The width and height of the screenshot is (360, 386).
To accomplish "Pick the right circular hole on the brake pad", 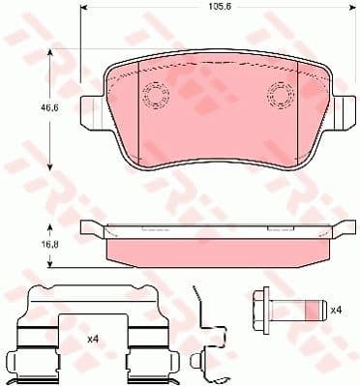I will [x=280, y=94].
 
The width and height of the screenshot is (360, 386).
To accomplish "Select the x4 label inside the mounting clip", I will [x=93, y=339].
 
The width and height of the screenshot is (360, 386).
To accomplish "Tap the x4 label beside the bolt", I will [x=336, y=311].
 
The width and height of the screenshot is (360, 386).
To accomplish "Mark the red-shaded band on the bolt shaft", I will [x=312, y=311].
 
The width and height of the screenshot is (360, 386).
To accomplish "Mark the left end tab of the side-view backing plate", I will [x=90, y=227].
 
